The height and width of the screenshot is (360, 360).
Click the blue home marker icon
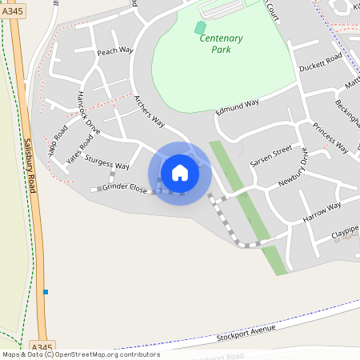coord(180,173)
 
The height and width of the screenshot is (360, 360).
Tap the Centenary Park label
coord(221,43)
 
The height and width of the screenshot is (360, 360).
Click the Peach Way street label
coord(114,52)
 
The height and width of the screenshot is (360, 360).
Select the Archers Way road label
coord(149,112)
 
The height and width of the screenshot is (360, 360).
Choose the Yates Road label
coord(80,148)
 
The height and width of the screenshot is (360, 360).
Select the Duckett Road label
coord(320,62)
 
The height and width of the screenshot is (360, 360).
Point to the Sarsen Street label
coord(272,156)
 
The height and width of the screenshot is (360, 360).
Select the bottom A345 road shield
coord(42,346)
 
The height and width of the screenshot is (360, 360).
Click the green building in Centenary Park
coord(200,28)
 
